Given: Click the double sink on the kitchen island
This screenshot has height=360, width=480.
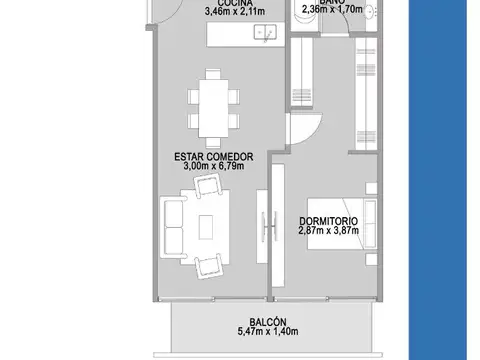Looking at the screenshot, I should pos(266,34).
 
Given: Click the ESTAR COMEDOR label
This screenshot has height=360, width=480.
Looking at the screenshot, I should pos(212,157).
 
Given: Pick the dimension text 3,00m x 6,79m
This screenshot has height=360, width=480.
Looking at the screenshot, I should pos(212,167).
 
